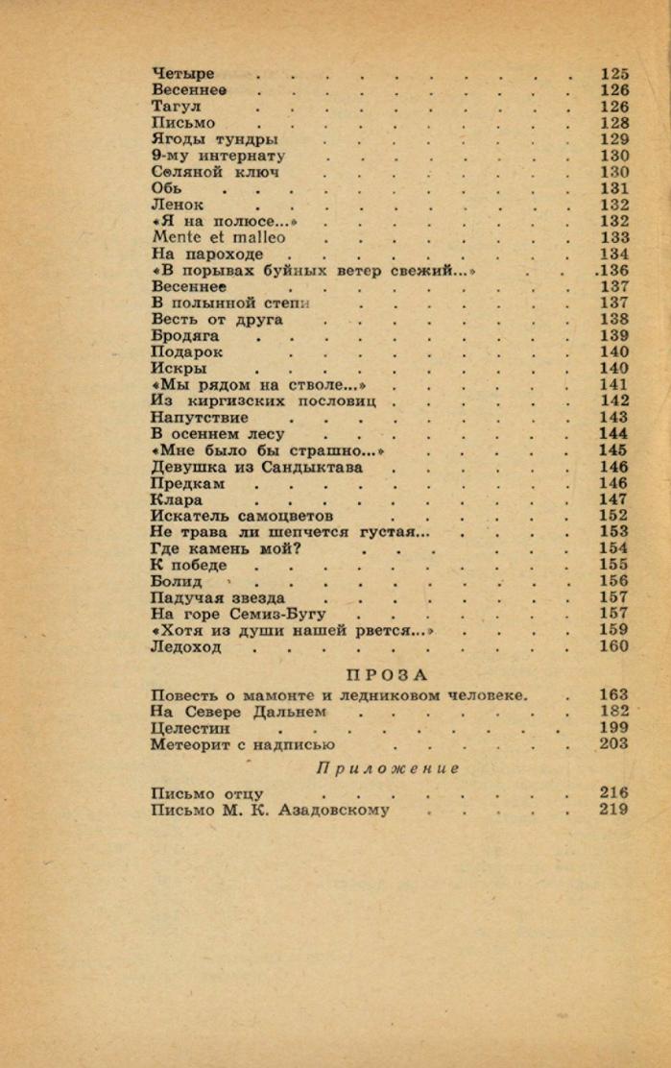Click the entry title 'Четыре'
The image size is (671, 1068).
(182, 74)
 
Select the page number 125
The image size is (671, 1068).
(614, 74)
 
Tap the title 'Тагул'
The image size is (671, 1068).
(177, 107)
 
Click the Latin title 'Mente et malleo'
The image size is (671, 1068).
(219, 237)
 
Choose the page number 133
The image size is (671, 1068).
(614, 237)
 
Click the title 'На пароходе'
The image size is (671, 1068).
(207, 254)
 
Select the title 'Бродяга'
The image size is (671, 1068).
(185, 336)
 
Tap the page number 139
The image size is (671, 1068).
(614, 336)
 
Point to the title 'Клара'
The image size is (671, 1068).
(177, 499)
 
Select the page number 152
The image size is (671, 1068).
(614, 516)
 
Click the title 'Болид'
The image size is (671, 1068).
(177, 581)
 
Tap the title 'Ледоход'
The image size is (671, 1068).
(186, 646)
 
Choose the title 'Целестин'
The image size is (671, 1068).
(191, 728)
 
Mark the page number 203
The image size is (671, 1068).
(614, 743)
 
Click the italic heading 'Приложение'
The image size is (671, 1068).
(388, 768)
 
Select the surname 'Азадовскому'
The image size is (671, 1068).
(333, 810)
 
